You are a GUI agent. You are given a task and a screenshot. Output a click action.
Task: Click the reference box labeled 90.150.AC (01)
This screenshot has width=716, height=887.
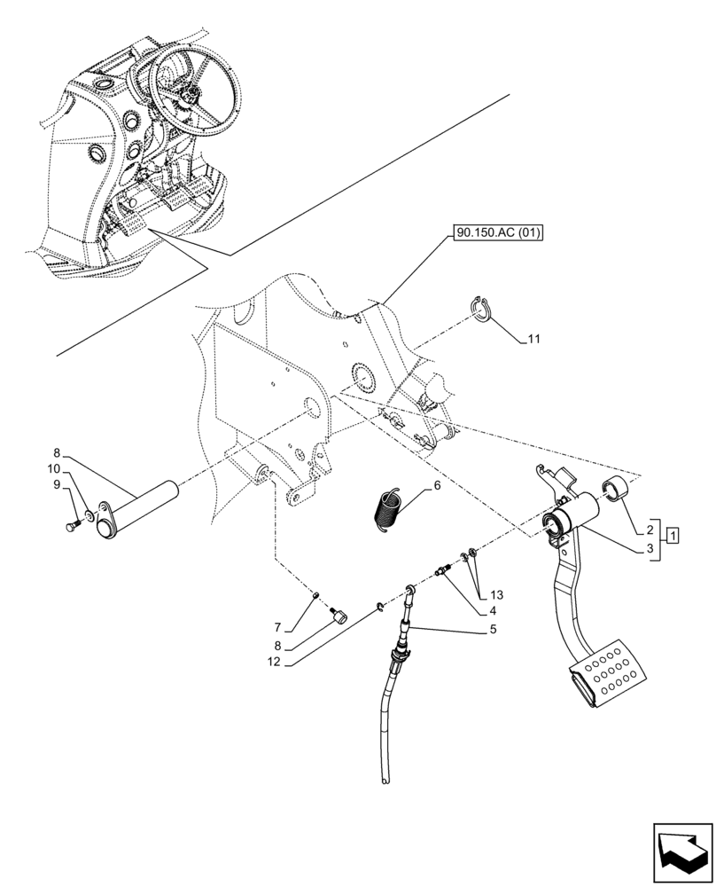pos(498,234)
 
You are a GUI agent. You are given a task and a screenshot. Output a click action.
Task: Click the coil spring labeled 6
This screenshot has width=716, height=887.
pos(387,510)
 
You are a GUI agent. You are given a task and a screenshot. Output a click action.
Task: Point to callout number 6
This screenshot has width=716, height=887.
pos(437,487)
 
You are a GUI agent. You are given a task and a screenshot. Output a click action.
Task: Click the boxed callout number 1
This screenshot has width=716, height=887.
pos(674,535)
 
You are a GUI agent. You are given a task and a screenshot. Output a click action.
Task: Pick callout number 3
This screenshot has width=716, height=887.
pos(651,548)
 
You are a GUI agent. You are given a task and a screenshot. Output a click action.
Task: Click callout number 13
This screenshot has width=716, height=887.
pos(494,595)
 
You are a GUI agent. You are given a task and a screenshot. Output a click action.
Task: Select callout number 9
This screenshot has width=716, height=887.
pos(56,484)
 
